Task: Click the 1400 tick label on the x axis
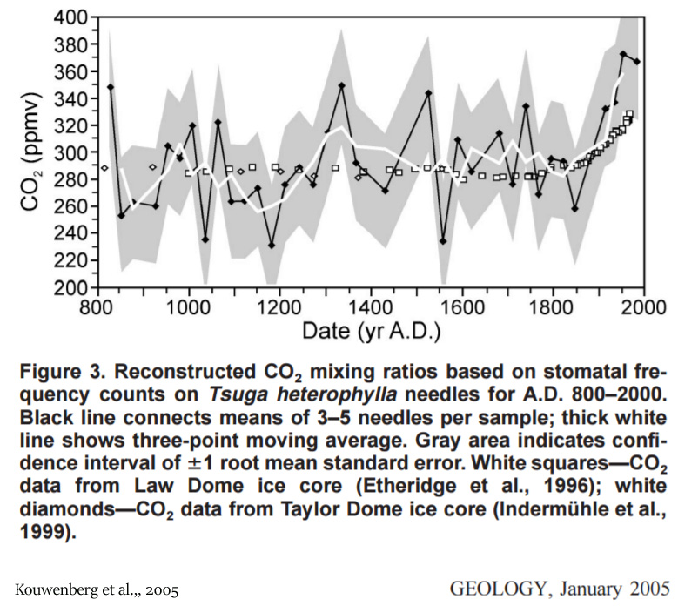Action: [x=370, y=310]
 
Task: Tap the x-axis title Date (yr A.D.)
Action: [x=370, y=332]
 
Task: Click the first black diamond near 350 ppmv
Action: [x=111, y=87]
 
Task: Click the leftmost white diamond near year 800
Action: [x=104, y=168]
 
